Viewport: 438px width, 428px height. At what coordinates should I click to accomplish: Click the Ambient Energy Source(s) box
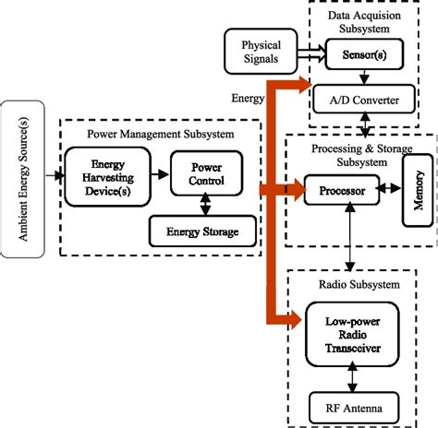coord(18,178)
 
